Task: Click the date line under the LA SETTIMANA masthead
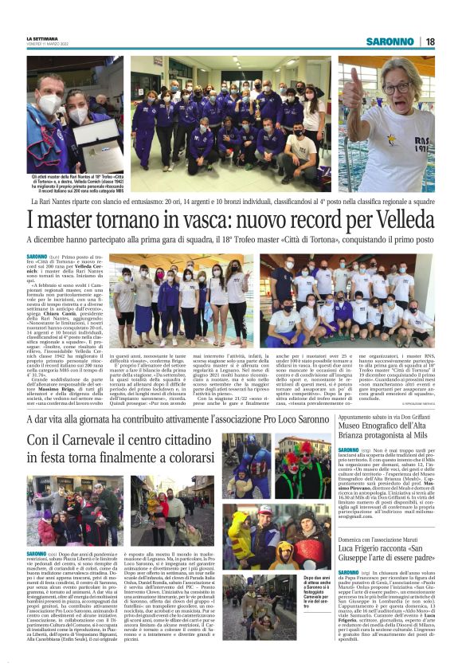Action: click(x=50, y=45)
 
